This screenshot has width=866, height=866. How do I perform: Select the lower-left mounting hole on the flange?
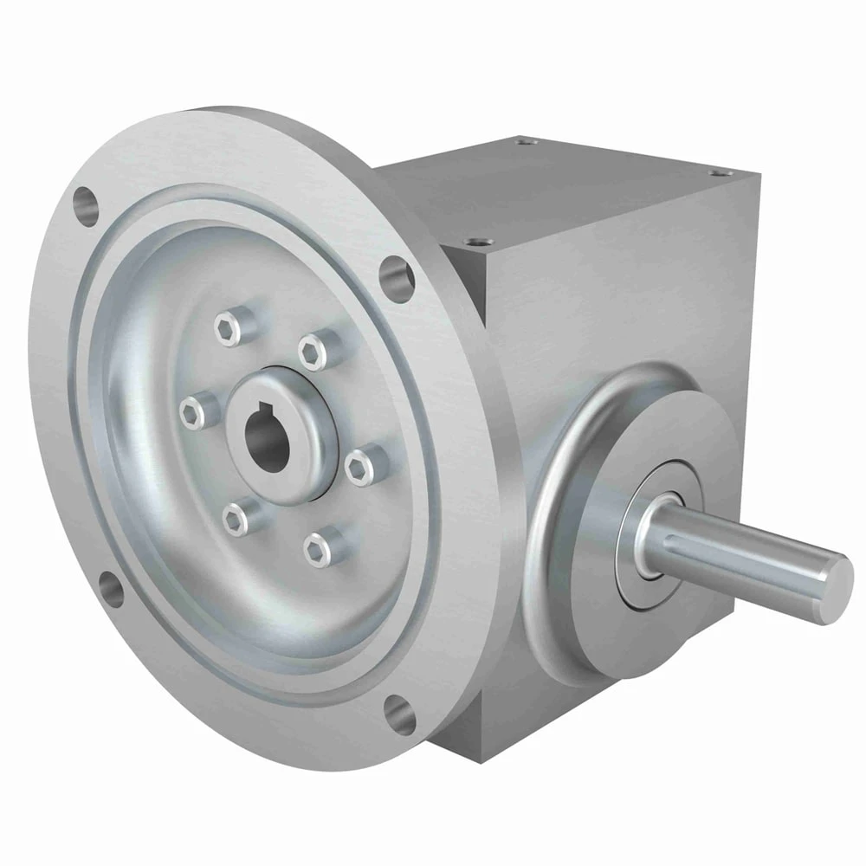click(110, 588)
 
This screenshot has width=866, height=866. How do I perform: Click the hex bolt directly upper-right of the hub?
click(313, 350)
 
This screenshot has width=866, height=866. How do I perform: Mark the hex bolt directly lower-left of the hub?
click(236, 518)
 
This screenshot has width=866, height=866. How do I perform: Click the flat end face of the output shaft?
click(835, 586)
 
